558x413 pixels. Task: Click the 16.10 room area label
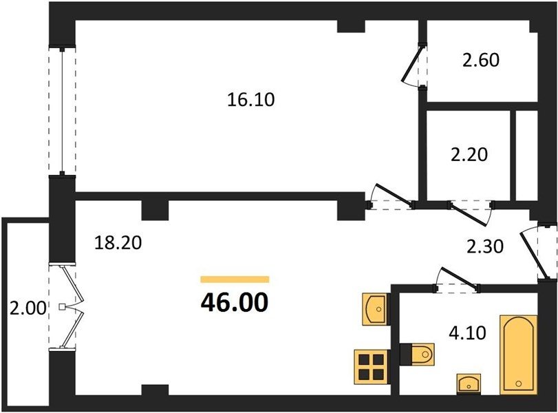(251, 100)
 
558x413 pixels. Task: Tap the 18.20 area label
(118, 243)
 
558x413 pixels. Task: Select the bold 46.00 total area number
(235, 303)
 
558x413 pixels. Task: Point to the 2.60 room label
(481, 60)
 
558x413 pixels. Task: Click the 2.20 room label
(469, 155)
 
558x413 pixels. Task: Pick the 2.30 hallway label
(485, 246)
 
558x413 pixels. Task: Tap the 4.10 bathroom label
(467, 333)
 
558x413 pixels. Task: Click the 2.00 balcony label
(28, 308)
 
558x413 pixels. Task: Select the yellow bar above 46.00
(235, 279)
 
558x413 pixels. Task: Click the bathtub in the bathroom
(518, 354)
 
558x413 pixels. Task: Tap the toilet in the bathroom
(417, 354)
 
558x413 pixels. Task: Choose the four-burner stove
(371, 367)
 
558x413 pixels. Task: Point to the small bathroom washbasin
(469, 384)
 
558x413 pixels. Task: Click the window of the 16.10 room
(63, 111)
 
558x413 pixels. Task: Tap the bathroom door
(457, 280)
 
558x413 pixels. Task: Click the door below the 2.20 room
(471, 213)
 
